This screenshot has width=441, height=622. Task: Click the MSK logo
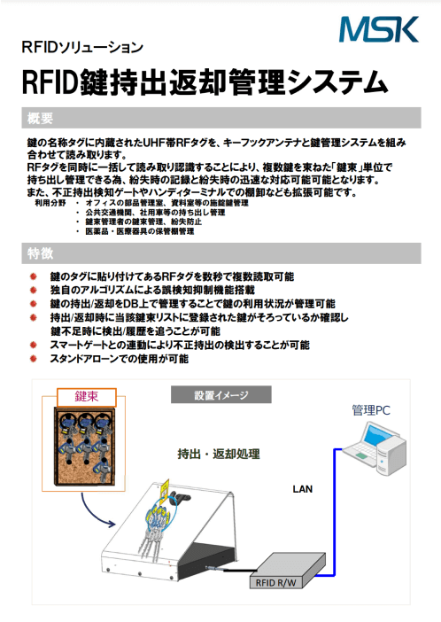point(379,29)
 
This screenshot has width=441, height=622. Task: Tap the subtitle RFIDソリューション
point(82,47)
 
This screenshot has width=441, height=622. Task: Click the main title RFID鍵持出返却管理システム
point(205,82)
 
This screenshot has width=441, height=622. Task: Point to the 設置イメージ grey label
point(221,394)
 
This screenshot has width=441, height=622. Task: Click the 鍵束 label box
point(87,397)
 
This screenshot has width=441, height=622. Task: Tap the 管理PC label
point(371,409)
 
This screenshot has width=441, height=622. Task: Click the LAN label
point(303,489)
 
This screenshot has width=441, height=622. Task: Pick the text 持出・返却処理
point(219,454)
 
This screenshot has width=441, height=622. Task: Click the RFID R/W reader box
point(288,571)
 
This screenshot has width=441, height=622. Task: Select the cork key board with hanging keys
point(84,447)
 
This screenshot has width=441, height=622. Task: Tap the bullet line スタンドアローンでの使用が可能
point(119,359)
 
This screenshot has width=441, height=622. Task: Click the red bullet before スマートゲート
point(34,345)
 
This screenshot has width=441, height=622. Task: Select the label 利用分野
point(50,203)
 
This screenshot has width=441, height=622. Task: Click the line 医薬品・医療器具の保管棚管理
point(140,231)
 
